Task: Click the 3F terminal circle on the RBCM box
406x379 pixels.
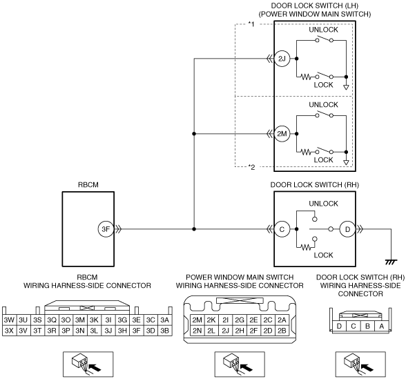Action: (x=106, y=229)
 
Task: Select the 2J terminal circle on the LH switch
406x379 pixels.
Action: (x=282, y=59)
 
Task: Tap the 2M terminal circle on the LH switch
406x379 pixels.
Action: (x=282, y=134)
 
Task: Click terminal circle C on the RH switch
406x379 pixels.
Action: (x=282, y=229)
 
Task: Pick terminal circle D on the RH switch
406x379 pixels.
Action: (x=347, y=229)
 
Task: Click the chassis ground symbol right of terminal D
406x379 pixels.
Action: (x=391, y=262)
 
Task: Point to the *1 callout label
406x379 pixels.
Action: (x=251, y=24)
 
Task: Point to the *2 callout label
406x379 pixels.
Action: (x=251, y=167)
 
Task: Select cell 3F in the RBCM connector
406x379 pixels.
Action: (x=136, y=331)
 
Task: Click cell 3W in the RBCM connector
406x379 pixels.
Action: (x=9, y=320)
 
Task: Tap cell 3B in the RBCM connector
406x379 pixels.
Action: (x=164, y=331)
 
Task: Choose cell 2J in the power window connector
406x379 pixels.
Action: (x=225, y=331)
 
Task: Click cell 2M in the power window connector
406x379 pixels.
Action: (x=197, y=320)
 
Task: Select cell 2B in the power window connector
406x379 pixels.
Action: (x=282, y=331)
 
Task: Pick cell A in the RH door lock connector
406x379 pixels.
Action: (x=381, y=327)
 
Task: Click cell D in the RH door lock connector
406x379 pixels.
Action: (x=339, y=327)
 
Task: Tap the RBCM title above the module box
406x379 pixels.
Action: (x=88, y=185)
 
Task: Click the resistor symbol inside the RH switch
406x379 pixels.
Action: (x=307, y=248)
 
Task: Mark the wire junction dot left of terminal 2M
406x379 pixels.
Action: (x=194, y=134)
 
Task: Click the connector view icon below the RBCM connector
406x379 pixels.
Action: (x=88, y=364)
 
